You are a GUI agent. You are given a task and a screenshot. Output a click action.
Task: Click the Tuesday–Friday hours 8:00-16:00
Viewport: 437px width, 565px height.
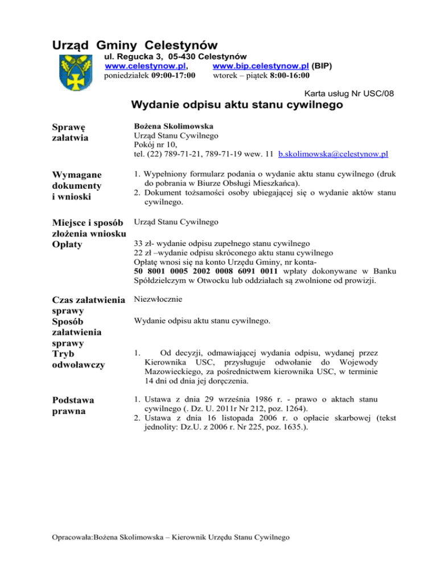pos(285,75)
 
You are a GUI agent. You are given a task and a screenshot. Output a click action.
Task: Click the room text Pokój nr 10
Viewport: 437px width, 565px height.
pos(155,144)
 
